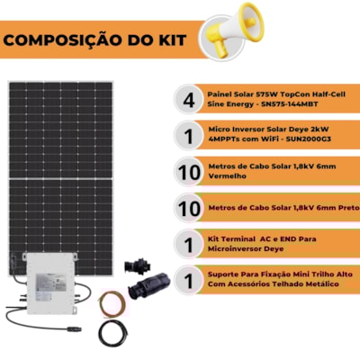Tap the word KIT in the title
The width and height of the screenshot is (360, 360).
173,40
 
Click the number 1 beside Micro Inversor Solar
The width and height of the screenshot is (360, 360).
189,137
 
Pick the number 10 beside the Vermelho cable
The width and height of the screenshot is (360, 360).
189,173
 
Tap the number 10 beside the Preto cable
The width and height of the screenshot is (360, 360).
189,208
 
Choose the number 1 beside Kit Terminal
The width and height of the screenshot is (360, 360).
189,245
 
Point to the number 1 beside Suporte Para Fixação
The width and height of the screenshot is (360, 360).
189,281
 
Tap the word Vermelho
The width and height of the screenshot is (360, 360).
228,175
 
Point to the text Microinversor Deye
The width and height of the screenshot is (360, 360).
246,249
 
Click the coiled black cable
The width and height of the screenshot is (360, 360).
112,333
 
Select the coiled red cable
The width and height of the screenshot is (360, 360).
113,304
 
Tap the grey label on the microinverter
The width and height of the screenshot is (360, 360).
51,283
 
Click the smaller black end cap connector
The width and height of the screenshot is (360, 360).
138,266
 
